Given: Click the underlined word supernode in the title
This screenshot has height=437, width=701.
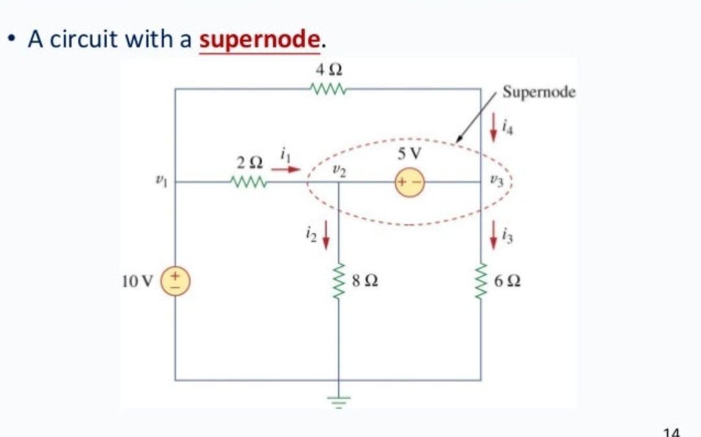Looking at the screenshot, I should (260, 40).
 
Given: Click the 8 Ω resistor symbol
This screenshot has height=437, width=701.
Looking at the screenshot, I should (338, 281).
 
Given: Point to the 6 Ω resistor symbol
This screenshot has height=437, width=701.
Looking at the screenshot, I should (481, 281).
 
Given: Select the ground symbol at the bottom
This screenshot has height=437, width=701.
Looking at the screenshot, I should (338, 399).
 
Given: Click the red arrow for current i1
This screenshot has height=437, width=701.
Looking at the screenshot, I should (286, 171).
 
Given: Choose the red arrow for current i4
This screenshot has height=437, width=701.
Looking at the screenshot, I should (493, 124).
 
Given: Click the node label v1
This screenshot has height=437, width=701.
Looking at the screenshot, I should (156, 183).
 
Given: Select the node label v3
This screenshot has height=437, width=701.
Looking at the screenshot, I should (495, 182).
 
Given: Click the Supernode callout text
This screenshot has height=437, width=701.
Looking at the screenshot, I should (539, 92).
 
